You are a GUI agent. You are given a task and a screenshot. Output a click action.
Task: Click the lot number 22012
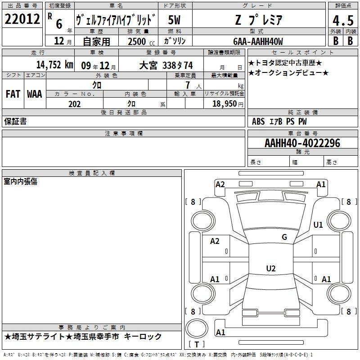[22, 19]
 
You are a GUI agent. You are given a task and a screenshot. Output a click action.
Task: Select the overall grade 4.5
[343, 20]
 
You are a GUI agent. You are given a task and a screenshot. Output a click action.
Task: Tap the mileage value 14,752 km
[54, 65]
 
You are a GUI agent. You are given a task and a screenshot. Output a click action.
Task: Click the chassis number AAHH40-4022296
[302, 143]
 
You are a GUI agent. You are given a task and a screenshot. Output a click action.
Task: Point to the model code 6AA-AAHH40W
[258, 41]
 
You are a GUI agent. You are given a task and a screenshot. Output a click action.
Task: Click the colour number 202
[74, 104]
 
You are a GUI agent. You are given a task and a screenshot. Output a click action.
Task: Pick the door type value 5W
[174, 20]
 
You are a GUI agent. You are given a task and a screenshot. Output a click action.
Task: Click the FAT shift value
[13, 94]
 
